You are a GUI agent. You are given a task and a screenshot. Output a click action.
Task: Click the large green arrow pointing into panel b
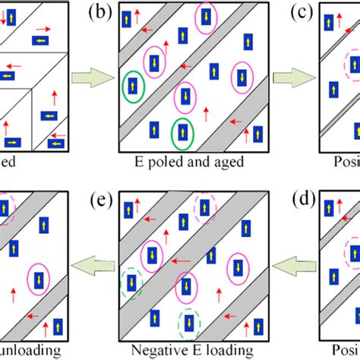tap(88, 76)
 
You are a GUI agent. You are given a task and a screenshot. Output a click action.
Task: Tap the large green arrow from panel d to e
tap(290, 265)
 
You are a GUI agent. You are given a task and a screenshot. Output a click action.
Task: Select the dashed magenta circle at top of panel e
tap(204, 207)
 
